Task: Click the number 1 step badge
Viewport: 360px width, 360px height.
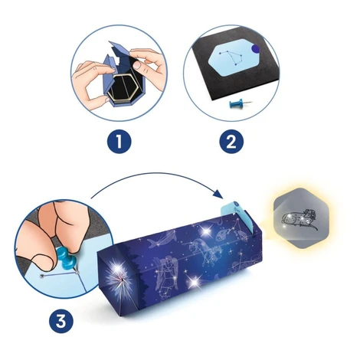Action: click(x=119, y=142)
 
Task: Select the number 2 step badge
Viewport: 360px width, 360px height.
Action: click(x=231, y=142)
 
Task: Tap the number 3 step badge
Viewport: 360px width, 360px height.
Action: click(x=61, y=321)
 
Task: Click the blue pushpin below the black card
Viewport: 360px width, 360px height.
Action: click(x=240, y=103)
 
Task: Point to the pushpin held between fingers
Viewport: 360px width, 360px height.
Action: click(x=67, y=259)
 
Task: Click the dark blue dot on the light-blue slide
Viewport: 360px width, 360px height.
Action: click(x=254, y=48)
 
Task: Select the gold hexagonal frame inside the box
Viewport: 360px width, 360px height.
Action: click(x=123, y=87)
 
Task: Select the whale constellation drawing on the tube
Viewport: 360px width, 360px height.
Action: click(x=163, y=237)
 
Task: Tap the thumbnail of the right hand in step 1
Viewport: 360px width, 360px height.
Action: click(x=137, y=65)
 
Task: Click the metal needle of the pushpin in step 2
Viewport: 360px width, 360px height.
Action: click(x=247, y=103)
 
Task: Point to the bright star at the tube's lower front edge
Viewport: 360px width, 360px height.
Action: click(x=193, y=281)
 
